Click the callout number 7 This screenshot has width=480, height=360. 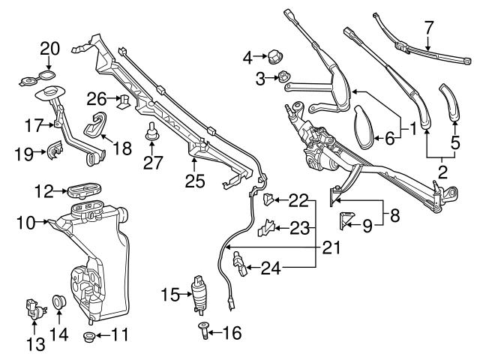(429, 28)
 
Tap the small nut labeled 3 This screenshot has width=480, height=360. (284, 76)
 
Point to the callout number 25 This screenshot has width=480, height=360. (194, 180)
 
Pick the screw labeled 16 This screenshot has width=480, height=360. (205, 329)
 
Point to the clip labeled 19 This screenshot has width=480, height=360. (55, 151)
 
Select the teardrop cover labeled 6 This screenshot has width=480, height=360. (367, 125)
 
